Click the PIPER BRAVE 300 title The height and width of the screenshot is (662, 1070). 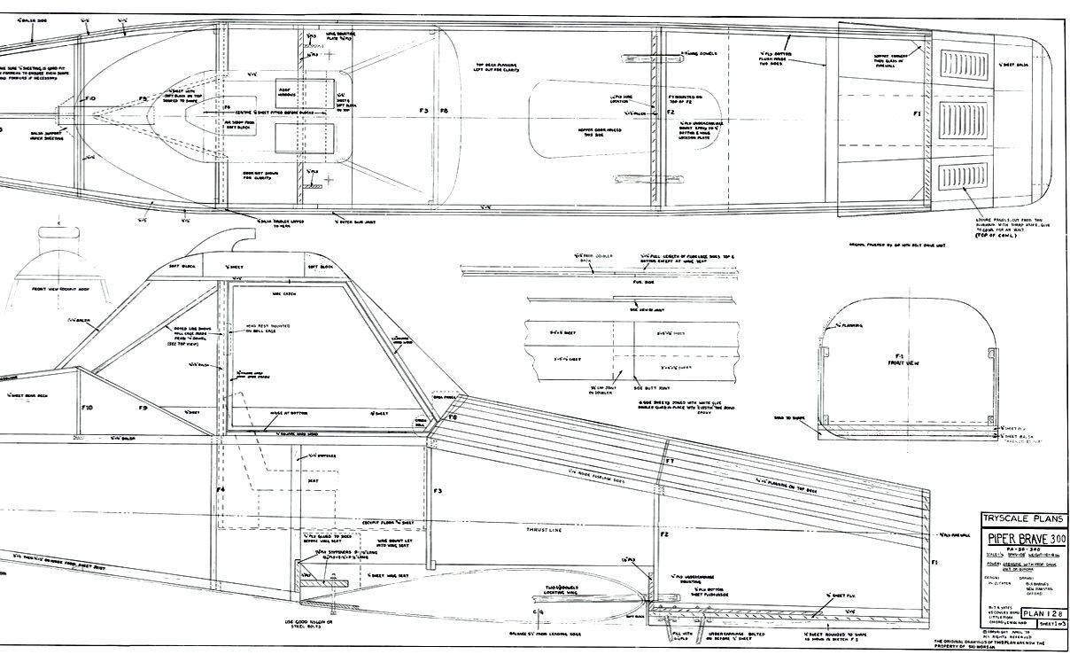(1021, 540)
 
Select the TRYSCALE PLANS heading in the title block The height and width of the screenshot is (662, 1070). (1021, 519)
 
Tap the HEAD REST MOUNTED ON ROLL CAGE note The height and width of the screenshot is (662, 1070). (258, 332)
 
